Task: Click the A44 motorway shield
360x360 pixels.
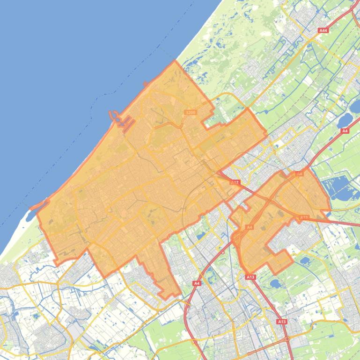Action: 323,30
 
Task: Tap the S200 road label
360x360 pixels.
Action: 190,112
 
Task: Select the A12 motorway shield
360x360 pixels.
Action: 235,182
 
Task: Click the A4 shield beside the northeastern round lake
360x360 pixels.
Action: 345,131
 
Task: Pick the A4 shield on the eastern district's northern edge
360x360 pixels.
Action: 300,173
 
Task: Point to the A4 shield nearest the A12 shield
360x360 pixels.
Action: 250,227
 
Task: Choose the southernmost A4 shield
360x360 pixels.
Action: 197,283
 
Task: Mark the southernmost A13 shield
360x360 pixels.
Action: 281,322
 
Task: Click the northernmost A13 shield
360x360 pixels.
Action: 304,217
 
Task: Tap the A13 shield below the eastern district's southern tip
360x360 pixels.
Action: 250,277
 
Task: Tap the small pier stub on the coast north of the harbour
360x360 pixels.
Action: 146,84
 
